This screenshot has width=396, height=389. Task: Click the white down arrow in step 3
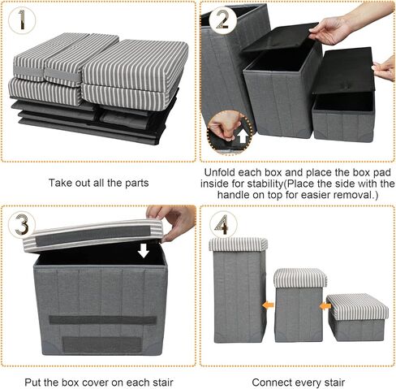[144, 249]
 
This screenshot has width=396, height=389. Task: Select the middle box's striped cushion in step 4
[299, 279]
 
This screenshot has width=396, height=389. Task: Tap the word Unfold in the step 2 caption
[224, 173]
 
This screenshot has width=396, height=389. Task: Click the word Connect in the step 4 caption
[271, 381]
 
